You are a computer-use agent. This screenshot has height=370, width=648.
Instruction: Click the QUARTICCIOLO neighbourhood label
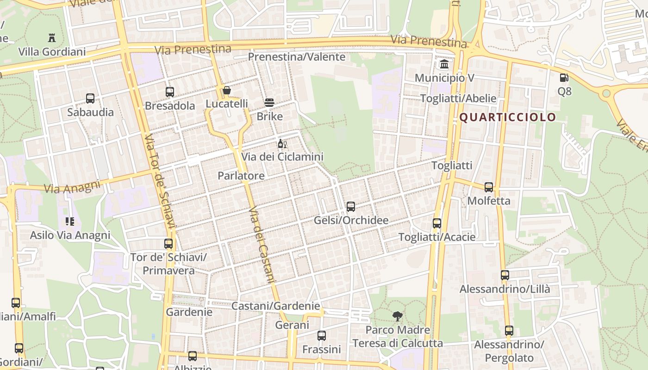click(507, 117)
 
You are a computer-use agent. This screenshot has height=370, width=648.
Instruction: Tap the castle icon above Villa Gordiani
click(52, 38)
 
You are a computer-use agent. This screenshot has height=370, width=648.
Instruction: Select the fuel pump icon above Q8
click(564, 78)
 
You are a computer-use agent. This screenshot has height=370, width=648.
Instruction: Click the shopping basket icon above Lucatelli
click(227, 90)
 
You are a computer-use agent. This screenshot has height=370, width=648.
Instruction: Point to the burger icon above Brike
click(269, 103)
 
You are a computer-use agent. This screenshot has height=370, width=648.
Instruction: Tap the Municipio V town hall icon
click(444, 64)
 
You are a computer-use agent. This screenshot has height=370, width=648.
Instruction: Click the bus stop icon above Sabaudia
click(90, 99)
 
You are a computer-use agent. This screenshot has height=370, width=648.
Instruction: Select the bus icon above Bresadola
click(170, 92)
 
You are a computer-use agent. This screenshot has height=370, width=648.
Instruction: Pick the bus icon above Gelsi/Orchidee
click(351, 207)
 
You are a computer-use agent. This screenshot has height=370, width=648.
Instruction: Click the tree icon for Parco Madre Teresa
click(397, 317)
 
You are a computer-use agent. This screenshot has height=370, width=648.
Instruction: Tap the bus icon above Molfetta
click(489, 187)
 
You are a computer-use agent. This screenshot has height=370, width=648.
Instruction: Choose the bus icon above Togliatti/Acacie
click(437, 223)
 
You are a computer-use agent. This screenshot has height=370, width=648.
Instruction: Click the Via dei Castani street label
click(262, 245)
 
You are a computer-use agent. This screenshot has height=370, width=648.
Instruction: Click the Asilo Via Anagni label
click(70, 235)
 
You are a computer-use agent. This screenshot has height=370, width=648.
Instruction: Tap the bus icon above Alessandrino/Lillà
click(505, 275)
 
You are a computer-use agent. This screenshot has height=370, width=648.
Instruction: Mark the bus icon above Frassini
click(322, 336)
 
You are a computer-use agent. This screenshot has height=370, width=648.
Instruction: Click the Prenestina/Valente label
click(297, 57)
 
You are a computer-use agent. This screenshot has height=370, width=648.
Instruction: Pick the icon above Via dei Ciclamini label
click(282, 144)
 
